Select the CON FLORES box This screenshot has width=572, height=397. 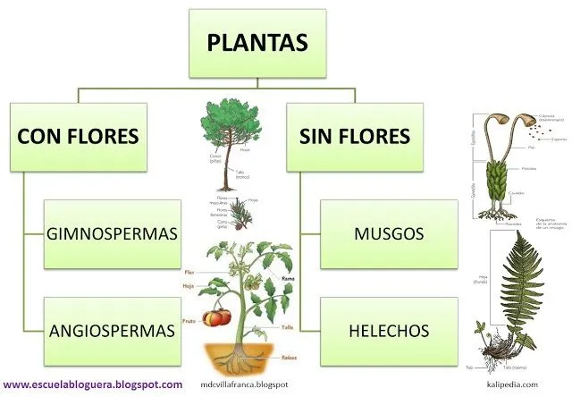click(x=79, y=137)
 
